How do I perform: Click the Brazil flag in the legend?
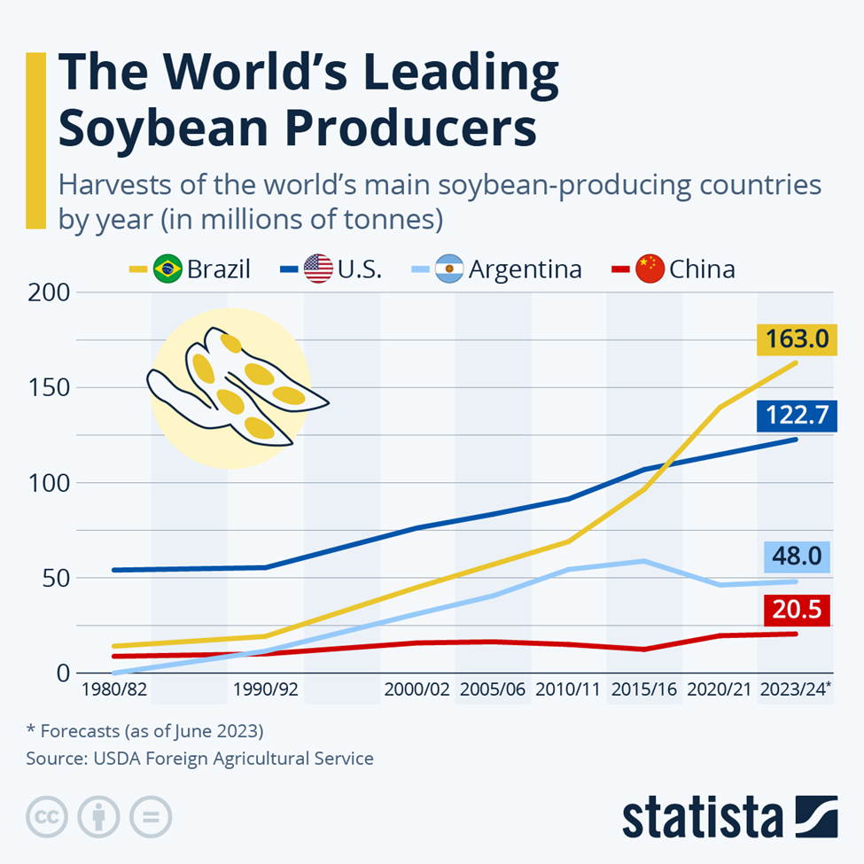pyautogui.click(x=167, y=268)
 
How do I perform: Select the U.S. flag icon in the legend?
pyautogui.click(x=318, y=268)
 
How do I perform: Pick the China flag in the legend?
pyautogui.click(x=650, y=268)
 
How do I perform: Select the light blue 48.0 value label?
pyautogui.click(x=795, y=557)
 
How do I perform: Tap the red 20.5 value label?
pyautogui.click(x=795, y=611)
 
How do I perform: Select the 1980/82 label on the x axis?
pyautogui.click(x=114, y=689)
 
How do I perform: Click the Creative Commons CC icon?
pyautogui.click(x=48, y=816)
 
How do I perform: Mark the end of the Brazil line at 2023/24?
pyautogui.click(x=796, y=362)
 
